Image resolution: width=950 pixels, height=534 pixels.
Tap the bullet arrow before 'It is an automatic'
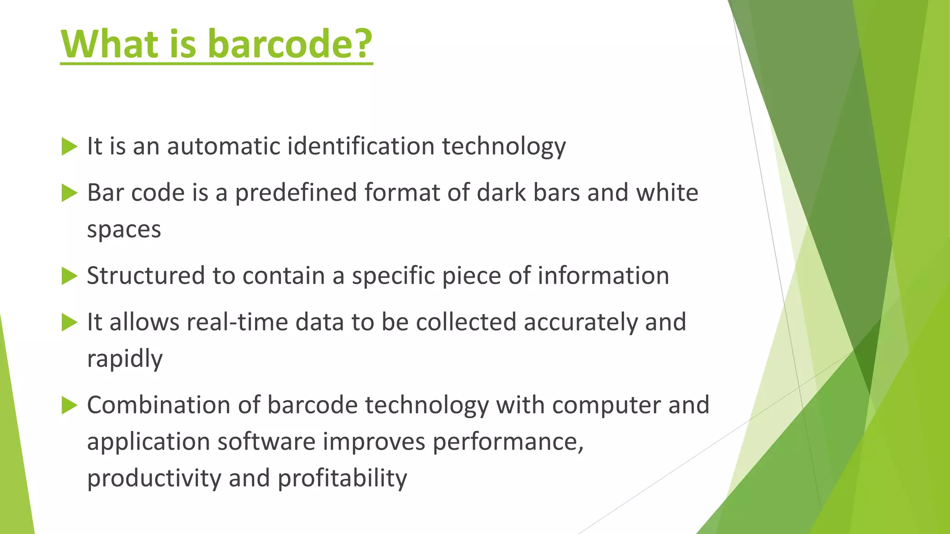[x=69, y=146]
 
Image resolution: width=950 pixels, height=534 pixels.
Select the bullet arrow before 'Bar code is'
[x=69, y=193]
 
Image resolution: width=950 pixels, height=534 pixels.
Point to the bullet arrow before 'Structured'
[x=69, y=276]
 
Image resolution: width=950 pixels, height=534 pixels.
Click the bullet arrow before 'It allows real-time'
[x=69, y=322]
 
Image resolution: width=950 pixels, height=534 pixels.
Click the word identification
[x=360, y=146]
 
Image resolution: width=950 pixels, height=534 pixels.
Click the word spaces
[x=124, y=230]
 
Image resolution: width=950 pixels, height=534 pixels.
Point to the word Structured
[x=146, y=276]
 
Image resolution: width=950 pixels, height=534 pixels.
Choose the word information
[x=603, y=276]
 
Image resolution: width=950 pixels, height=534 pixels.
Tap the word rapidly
[x=125, y=359]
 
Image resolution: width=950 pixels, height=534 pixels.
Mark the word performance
[x=508, y=442]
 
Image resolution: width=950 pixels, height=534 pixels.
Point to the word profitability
[x=342, y=478]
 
